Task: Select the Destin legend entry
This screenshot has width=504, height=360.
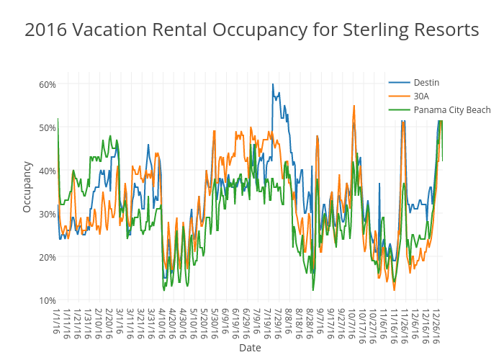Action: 426,83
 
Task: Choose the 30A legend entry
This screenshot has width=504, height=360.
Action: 421,96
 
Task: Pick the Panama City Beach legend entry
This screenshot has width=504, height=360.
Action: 452,109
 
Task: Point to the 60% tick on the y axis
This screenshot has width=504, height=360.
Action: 47,84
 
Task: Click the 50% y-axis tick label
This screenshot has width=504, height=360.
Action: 47,127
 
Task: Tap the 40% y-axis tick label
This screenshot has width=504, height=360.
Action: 47,171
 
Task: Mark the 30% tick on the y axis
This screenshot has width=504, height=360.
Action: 47,214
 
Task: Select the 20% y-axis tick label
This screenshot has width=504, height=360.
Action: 47,257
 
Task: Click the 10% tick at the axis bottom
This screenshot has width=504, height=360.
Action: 47,300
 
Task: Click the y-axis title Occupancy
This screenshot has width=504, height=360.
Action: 27,186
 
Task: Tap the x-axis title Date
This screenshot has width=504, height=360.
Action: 250,348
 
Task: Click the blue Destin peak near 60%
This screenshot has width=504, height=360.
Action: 273,84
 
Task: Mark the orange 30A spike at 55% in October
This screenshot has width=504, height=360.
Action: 354,106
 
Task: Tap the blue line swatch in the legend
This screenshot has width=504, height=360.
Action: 399,83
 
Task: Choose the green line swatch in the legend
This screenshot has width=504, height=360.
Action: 399,109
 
